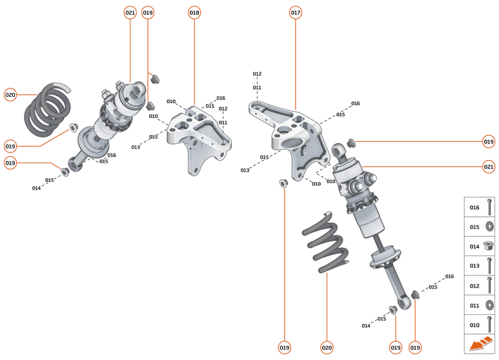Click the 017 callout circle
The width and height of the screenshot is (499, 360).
pos(296,13)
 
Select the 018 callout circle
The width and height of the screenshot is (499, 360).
pos(194,13)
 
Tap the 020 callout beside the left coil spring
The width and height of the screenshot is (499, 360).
pos(10,94)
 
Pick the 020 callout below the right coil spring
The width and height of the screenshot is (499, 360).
pos(327,347)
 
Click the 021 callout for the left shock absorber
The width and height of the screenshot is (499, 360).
pos(130,13)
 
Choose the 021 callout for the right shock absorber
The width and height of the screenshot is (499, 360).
pos(489,166)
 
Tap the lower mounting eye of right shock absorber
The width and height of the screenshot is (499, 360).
pos(405,302)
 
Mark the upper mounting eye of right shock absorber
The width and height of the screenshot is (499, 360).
pos(339,152)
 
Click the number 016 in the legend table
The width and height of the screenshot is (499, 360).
pos(474,208)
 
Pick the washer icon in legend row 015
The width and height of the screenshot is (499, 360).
pos(490,226)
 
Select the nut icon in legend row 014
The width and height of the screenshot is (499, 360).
pos(490,246)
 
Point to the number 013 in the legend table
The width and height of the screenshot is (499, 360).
pos(474,266)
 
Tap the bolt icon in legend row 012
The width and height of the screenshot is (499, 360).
pos(490,285)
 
